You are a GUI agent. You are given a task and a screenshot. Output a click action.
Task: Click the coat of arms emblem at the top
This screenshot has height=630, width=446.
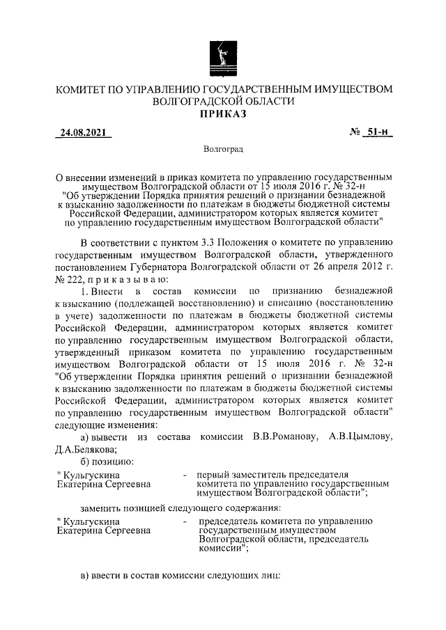223,56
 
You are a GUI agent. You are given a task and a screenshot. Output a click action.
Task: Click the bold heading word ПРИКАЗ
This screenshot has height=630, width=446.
224,114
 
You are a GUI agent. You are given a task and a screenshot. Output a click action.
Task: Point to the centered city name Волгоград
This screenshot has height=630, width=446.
223,149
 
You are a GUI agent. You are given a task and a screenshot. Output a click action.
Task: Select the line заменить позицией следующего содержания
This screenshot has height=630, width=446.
180,507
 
